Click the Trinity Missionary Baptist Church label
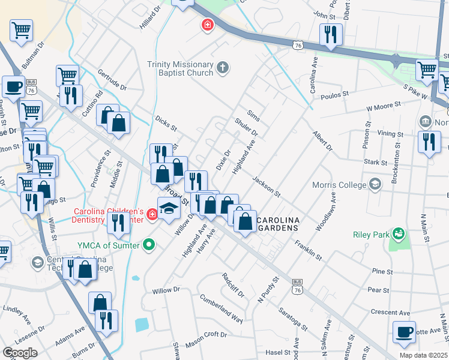179,68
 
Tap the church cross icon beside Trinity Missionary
223,67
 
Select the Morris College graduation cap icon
375,182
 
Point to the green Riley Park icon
397,233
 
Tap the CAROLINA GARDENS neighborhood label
278,223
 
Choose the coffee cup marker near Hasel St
404,332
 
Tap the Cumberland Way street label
221,308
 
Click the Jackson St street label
267,187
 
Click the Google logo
20,353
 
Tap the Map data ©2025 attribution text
424,355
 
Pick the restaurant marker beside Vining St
429,142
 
